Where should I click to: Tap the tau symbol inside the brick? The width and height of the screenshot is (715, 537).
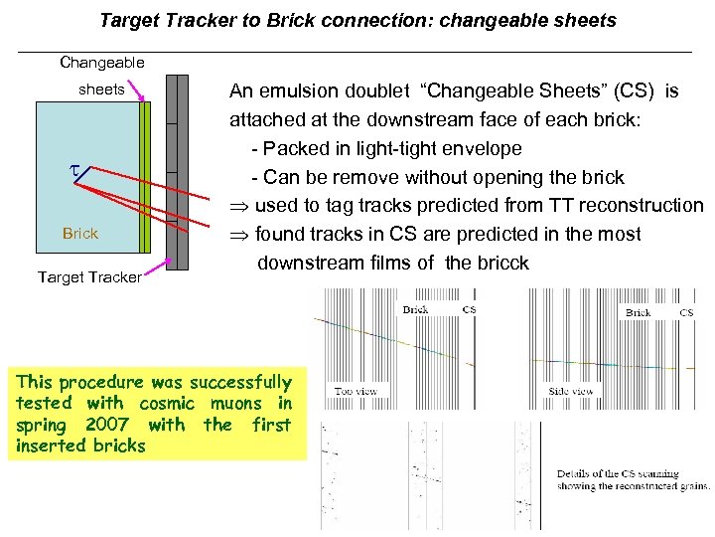(72, 172)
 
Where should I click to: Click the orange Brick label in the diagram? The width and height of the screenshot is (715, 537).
(80, 234)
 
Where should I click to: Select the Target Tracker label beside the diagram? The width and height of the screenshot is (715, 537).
(89, 277)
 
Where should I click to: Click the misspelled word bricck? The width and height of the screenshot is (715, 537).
(500, 264)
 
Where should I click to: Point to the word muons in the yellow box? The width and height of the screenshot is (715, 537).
(236, 404)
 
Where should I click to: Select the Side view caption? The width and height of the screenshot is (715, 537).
(571, 392)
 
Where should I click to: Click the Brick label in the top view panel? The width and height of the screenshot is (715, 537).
(415, 310)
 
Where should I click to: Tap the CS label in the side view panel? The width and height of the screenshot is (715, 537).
(685, 313)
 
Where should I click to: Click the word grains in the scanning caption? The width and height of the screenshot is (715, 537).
(691, 486)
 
